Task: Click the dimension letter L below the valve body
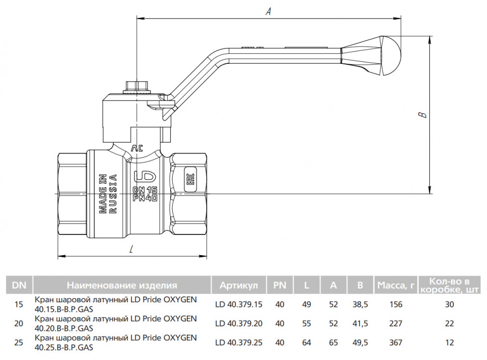(132, 249)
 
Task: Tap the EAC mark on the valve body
(190, 180)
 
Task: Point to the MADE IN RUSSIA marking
(108, 193)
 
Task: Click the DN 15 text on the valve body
(145, 190)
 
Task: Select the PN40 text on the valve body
(145, 198)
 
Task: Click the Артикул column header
(238, 285)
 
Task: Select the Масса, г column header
(396, 285)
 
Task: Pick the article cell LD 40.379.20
(238, 323)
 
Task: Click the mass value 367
(396, 342)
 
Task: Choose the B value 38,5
(360, 304)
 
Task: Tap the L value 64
(307, 342)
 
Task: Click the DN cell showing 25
(19, 342)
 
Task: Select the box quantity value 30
(449, 304)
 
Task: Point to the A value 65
(333, 342)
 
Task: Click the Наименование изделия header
(122, 285)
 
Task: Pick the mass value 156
(396, 304)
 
